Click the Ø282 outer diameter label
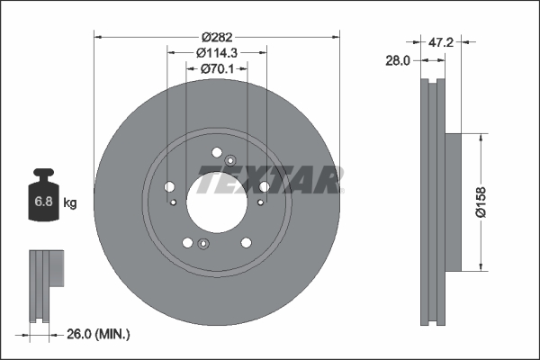point(218,37)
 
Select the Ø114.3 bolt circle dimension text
point(218,52)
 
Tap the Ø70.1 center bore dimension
point(218,67)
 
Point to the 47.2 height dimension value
point(439,41)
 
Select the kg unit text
point(70,203)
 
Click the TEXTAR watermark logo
point(269,179)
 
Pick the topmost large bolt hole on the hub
point(218,151)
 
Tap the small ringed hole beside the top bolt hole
point(230,159)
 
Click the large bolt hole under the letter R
point(264,187)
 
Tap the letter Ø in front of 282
point(205,37)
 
